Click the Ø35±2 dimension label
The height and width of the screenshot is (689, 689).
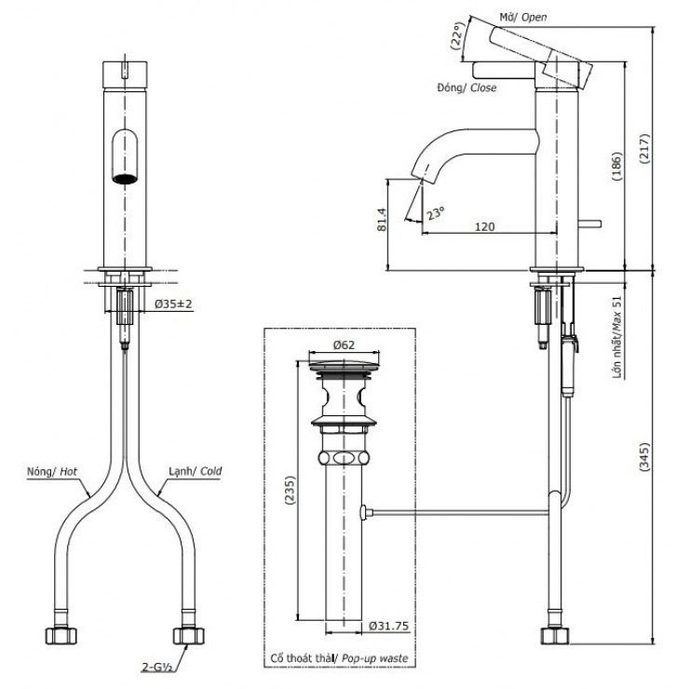coord(172,304)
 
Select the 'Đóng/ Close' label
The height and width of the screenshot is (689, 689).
coord(466,88)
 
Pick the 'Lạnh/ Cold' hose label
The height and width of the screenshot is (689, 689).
coord(195,472)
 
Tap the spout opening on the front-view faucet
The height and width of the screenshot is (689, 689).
coord(124,177)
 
